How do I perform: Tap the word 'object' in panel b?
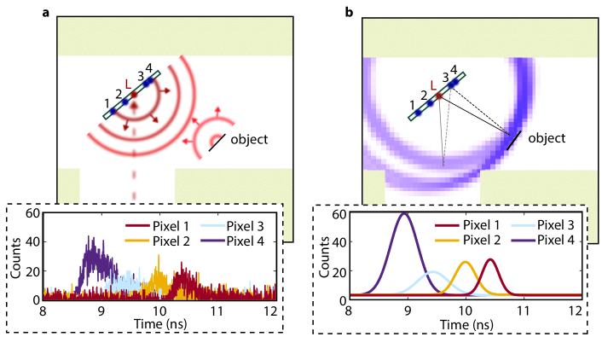547,137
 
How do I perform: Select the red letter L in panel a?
128,84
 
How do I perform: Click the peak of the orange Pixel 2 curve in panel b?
465,262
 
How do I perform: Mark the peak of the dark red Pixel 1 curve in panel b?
490,259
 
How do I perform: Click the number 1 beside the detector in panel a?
105,103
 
